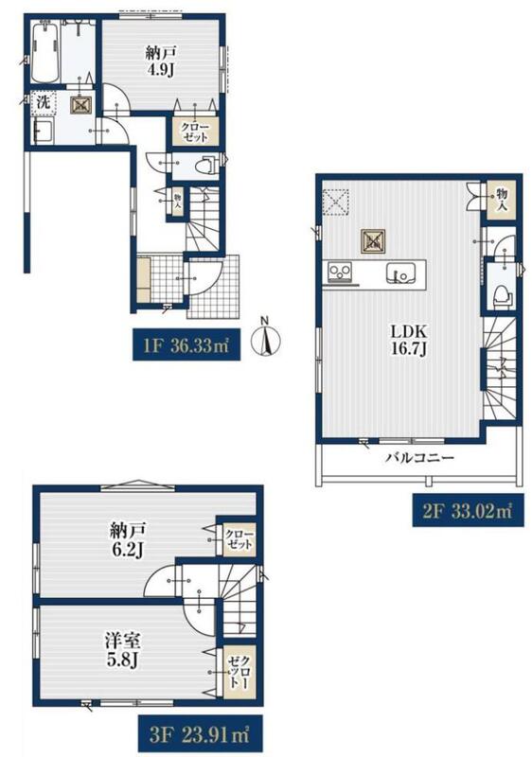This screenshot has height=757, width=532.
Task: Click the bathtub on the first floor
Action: (45, 53)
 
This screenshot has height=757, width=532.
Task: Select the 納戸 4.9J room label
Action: (161, 62)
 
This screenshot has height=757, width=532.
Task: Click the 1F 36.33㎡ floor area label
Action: (186, 345)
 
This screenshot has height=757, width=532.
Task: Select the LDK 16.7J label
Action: (408, 340)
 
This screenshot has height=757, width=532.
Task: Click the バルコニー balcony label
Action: (420, 457)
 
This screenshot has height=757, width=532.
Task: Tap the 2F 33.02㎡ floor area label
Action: (468, 510)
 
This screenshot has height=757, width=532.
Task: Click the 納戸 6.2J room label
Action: (128, 539)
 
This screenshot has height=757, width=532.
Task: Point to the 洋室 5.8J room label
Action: (123, 650)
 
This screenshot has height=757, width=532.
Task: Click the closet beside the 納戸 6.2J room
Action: (239, 539)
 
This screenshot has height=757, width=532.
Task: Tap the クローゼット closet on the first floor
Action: (196, 132)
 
